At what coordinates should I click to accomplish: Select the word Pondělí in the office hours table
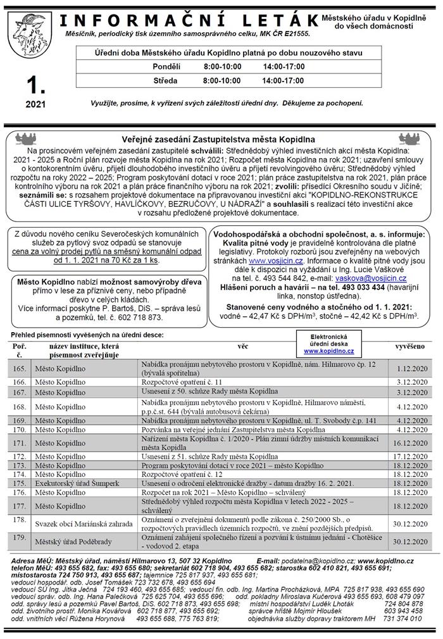point(166,66)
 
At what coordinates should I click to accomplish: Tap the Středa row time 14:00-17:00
point(282,80)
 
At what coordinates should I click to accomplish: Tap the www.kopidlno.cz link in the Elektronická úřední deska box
point(328,351)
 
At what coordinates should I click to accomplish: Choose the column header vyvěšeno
point(409,347)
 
